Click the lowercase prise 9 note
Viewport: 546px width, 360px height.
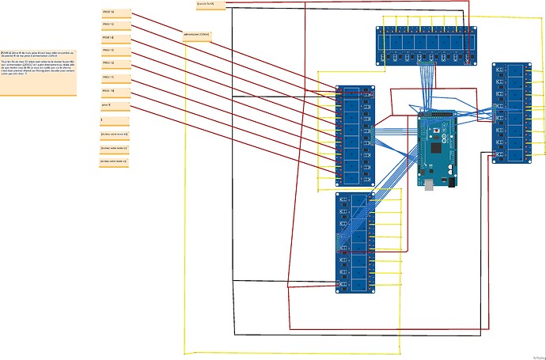point(114,104)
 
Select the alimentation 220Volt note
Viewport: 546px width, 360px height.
point(197,36)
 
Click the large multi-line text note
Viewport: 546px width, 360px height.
point(38,70)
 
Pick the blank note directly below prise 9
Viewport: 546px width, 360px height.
point(114,120)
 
